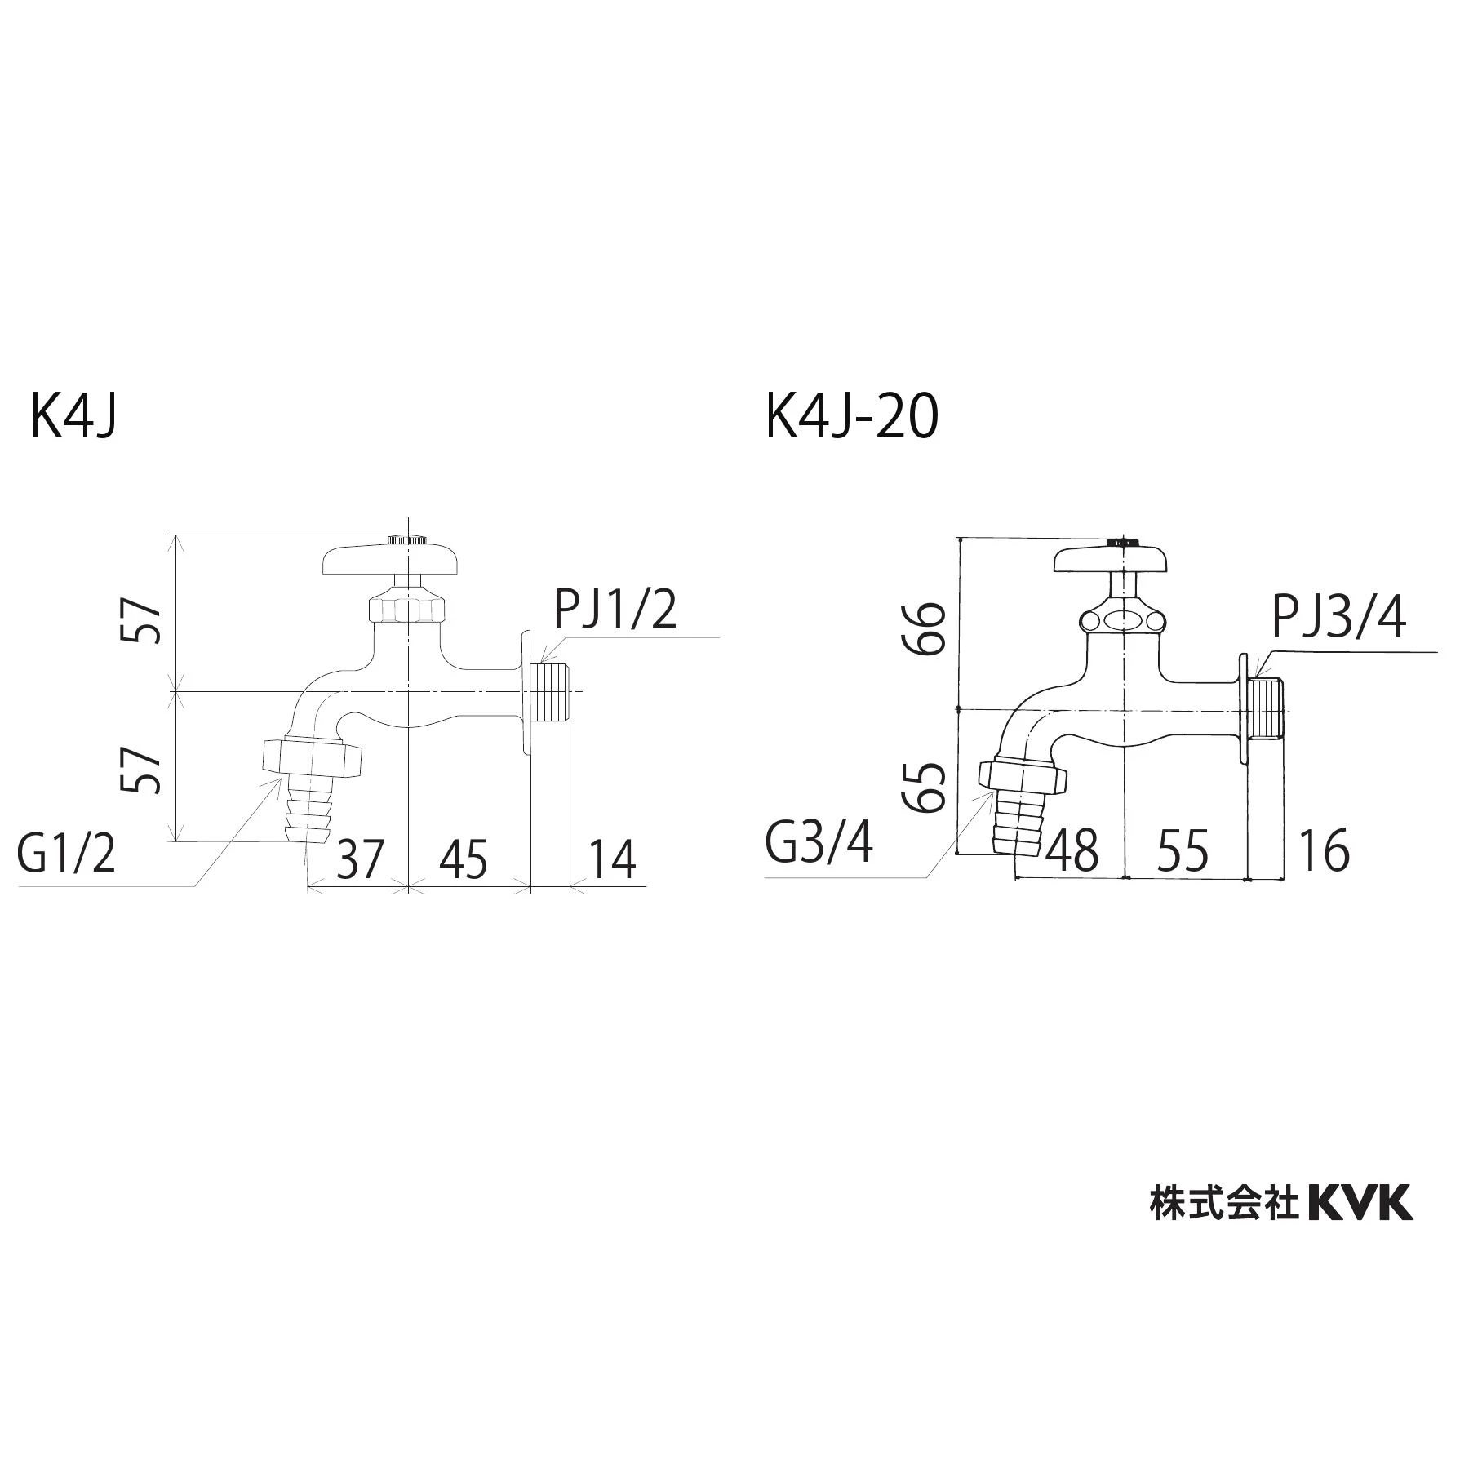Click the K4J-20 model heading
coord(852,417)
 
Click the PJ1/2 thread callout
coord(615,609)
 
